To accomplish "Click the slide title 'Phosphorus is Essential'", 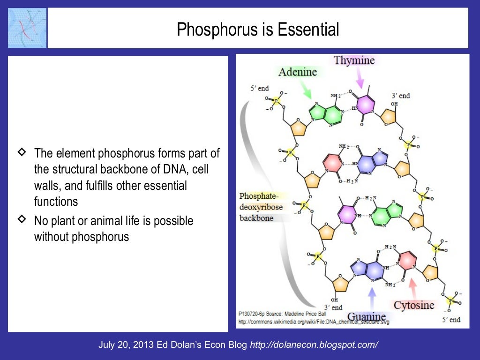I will coord(258,30).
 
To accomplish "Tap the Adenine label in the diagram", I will coord(298,72).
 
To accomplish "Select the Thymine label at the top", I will coord(354,60).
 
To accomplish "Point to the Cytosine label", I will coord(414,305).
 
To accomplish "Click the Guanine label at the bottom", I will coord(367,316).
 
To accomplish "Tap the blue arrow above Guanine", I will coord(372,297).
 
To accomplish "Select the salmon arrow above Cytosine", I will coord(413,286).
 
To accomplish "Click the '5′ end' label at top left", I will coord(259,88).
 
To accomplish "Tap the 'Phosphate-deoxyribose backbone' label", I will coord(261,207).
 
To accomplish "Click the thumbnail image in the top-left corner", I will coord(27,28).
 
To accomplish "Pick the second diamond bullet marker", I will coord(22,218).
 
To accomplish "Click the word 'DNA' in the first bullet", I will coord(174,169).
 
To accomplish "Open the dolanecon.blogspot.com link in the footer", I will coord(314,345).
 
